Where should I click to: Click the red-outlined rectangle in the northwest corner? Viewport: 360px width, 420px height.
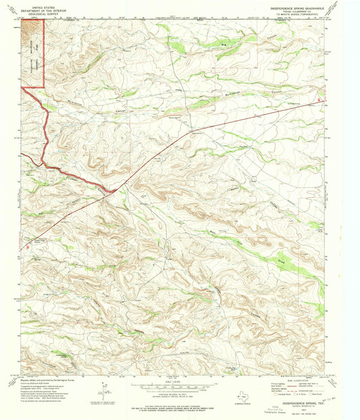[32, 53]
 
